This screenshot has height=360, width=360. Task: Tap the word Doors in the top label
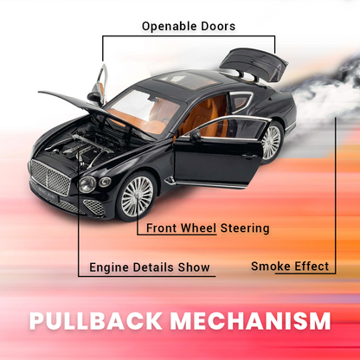pos(218,26)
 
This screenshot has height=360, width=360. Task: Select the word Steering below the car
pos(245,228)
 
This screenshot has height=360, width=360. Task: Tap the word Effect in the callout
pos(312,266)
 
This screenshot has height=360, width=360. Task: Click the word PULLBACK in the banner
pos(96,320)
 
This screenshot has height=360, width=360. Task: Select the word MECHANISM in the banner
pos(250,320)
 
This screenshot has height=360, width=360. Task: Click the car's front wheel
pos(137,196)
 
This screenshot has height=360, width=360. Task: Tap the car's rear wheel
pos(271,142)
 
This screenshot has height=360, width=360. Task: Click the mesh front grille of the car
pos(50,177)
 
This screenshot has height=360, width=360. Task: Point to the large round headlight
pos(87,184)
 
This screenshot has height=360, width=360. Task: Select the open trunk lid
pos(254,64)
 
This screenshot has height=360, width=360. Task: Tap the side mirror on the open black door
pos(196,136)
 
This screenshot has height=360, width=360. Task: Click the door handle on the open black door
pos(249,157)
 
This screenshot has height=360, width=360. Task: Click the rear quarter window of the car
pos(241,101)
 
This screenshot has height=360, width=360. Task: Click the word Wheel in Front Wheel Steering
pos(198,228)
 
